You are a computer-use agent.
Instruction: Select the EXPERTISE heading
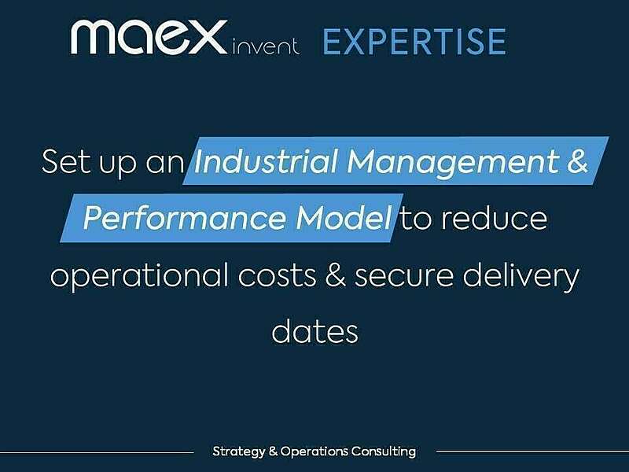tap(414, 41)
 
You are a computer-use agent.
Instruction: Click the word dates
tap(314, 330)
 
